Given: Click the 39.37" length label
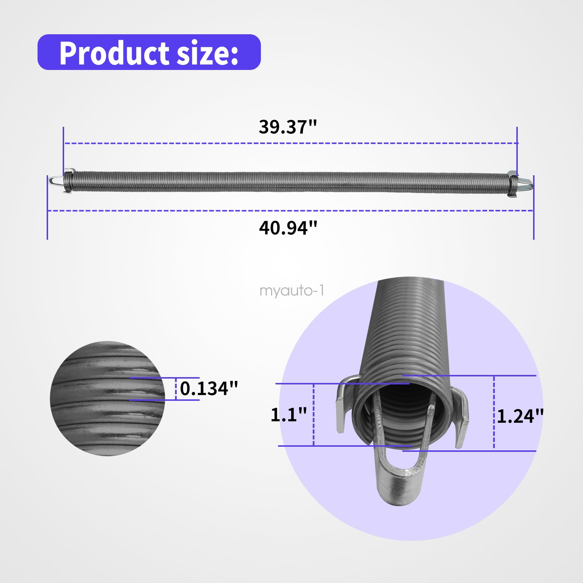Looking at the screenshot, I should click(287, 127).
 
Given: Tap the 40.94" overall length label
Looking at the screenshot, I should click(288, 228).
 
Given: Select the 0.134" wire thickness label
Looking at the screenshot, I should click(209, 388).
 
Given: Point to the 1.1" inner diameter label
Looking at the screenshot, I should click(289, 415).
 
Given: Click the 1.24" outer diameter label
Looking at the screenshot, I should click(520, 416).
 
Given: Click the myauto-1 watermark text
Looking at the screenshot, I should click(291, 291).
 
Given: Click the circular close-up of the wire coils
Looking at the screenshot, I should click(107, 398).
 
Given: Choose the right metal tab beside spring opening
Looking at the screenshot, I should click(462, 419).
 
